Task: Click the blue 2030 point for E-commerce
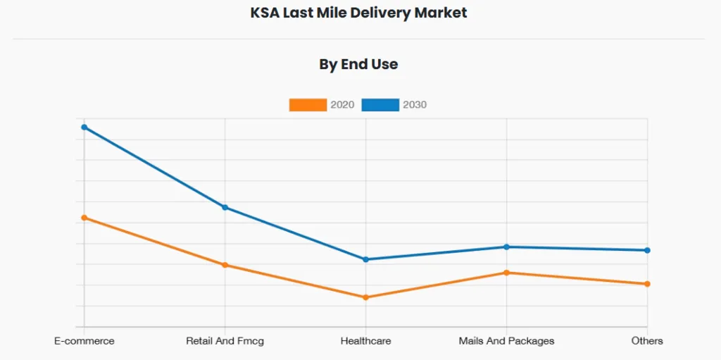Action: pyautogui.click(x=84, y=128)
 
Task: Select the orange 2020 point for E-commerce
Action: pyautogui.click(x=84, y=218)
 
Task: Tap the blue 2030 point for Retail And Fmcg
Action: pyautogui.click(x=225, y=207)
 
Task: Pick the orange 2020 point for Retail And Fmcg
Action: pyautogui.click(x=225, y=265)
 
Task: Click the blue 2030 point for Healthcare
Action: pyautogui.click(x=365, y=259)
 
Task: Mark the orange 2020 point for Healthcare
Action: pyautogui.click(x=365, y=297)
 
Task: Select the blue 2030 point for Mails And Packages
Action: pyautogui.click(x=506, y=247)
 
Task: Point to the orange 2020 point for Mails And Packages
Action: pyautogui.click(x=506, y=273)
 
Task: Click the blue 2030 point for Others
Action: pyautogui.click(x=647, y=250)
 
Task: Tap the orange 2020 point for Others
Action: pyautogui.click(x=647, y=284)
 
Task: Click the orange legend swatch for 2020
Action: pyautogui.click(x=308, y=105)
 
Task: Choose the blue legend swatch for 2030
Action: pyautogui.click(x=380, y=105)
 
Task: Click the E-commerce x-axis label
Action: pyautogui.click(x=84, y=341)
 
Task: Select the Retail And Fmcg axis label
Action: pyautogui.click(x=225, y=341)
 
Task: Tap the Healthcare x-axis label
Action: pyautogui.click(x=365, y=341)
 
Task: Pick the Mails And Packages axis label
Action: pyautogui.click(x=506, y=341)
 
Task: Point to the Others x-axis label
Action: pyautogui.click(x=647, y=341)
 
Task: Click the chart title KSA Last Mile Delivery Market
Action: pyautogui.click(x=358, y=13)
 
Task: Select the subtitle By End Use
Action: pyautogui.click(x=358, y=64)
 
